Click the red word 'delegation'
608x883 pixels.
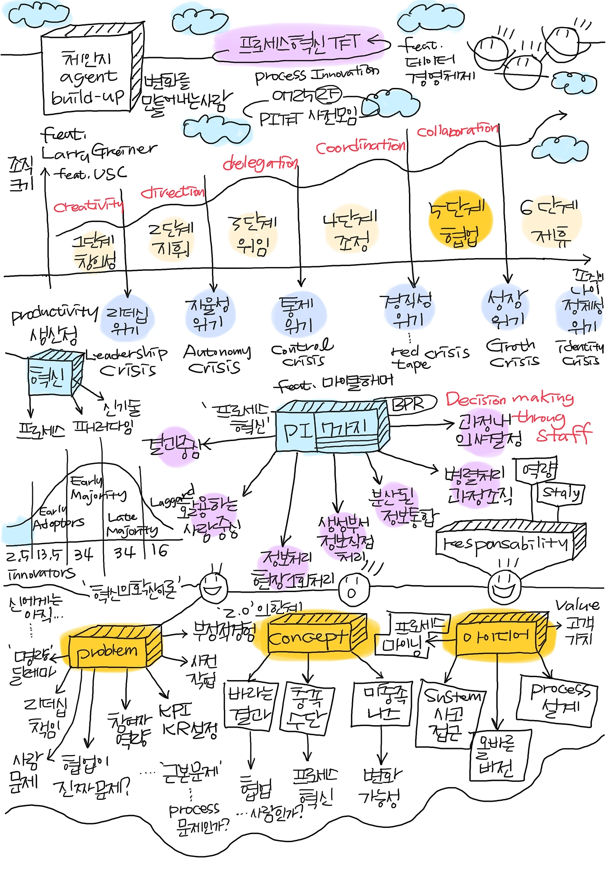tap(260, 163)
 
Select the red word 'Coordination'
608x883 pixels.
tap(361, 147)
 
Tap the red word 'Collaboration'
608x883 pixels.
tap(457, 130)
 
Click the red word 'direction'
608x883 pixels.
tap(172, 192)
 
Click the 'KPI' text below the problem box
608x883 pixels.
tap(174, 711)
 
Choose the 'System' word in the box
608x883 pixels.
tap(452, 697)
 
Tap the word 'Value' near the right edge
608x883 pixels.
tap(577, 605)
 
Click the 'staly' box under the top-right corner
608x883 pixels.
tap(561, 493)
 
